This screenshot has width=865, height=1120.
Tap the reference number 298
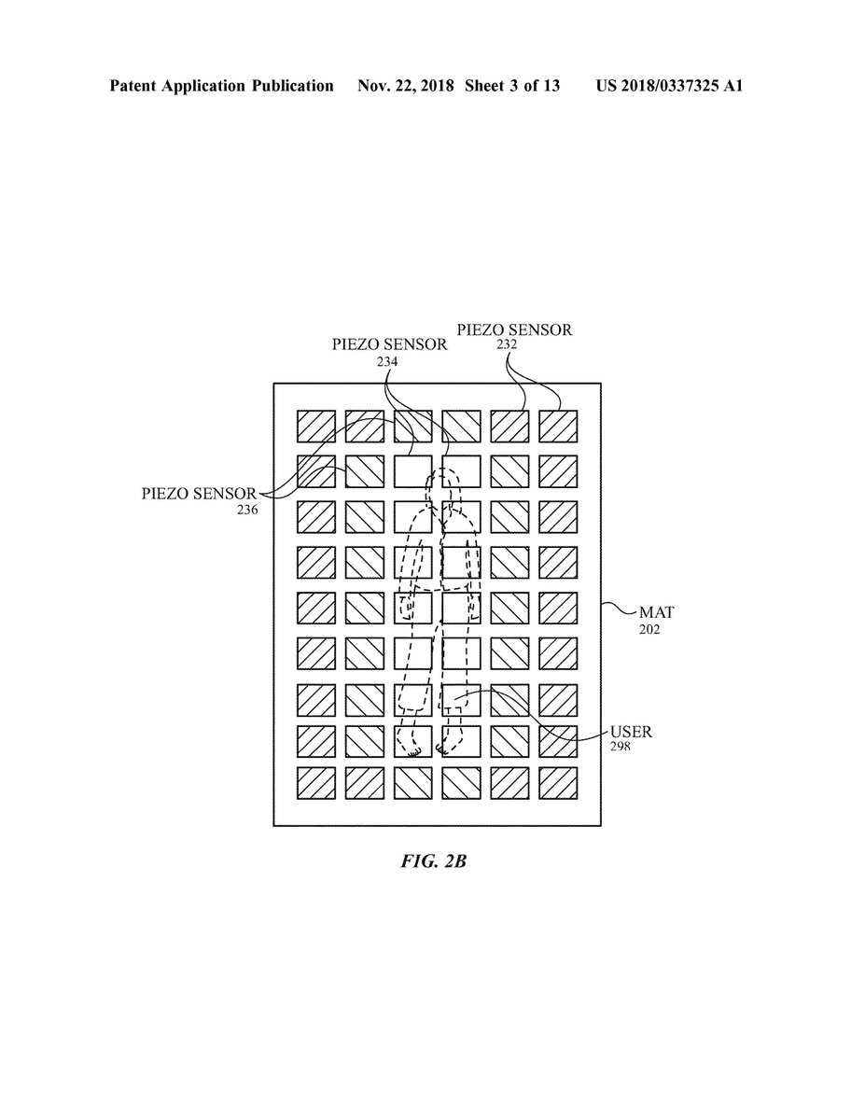621,747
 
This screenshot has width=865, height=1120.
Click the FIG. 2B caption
432,861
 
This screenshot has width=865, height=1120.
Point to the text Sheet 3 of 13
514,87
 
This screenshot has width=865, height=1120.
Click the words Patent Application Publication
221,87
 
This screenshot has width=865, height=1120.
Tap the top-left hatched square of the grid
316,426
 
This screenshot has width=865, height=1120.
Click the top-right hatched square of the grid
558,426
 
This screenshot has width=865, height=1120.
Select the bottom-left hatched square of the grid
316,782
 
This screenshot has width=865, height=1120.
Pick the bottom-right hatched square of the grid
558,782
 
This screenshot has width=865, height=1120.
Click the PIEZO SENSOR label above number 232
513,329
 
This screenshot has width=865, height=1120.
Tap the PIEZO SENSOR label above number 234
389,343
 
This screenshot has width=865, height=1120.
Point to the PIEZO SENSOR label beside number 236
200,494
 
